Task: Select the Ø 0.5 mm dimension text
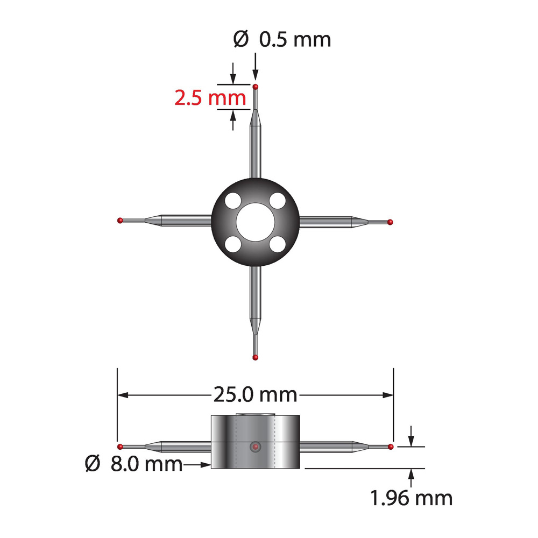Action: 282,39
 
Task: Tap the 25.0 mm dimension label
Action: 256,395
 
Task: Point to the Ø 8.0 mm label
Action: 133,463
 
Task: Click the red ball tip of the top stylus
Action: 256,87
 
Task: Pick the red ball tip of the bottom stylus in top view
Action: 256,357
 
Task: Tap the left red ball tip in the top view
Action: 120,220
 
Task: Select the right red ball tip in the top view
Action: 391,222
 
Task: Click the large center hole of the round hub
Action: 256,222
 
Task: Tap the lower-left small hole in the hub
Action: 233,244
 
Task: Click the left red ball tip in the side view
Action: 120,446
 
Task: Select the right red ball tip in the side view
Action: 391,447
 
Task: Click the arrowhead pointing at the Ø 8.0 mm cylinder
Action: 206,463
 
